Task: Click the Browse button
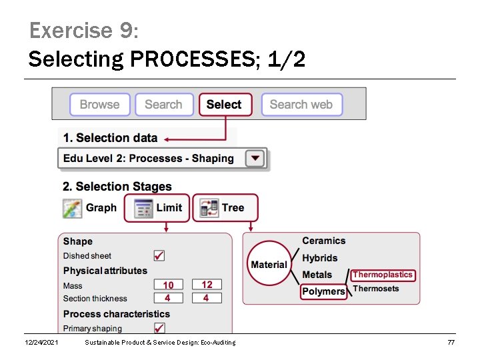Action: pos(99,105)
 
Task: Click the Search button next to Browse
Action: pos(163,105)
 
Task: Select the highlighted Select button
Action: pos(225,105)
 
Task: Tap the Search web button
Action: pos(301,105)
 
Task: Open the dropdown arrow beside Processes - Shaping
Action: pos(255,159)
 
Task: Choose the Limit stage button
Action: pos(157,208)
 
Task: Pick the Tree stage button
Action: pos(225,208)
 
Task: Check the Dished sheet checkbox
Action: pos(159,255)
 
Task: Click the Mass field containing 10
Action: pos(169,285)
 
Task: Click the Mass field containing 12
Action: pos(207,285)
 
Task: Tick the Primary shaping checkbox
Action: pos(159,327)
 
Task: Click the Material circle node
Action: pos(269,265)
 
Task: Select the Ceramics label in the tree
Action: pos(324,241)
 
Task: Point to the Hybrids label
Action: pos(320,258)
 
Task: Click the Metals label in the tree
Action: pos(317,275)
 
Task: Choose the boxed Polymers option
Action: pos(323,291)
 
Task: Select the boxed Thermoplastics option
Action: pos(383,275)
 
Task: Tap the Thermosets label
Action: pos(376,289)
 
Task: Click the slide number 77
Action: pos(451,342)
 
